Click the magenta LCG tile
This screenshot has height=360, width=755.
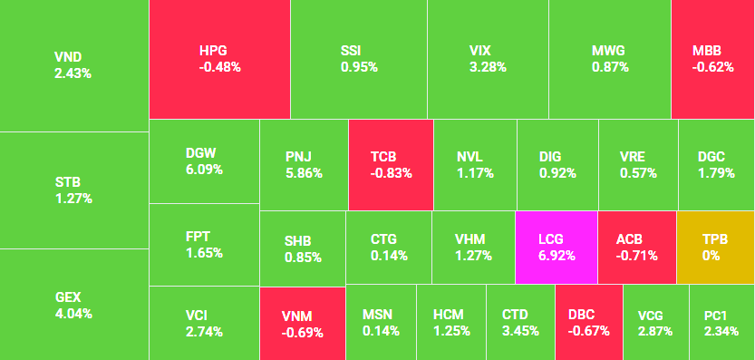click(x=556, y=248)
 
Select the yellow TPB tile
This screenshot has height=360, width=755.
click(x=714, y=248)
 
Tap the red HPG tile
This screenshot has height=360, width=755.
click(x=219, y=59)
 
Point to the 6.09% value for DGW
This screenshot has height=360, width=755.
click(x=204, y=170)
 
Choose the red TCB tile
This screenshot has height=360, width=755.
click(x=390, y=165)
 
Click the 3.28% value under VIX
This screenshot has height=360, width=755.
click(x=488, y=67)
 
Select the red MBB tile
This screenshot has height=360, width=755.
click(x=712, y=59)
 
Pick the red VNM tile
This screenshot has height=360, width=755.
click(x=302, y=324)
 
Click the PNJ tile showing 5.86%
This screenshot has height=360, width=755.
click(x=303, y=165)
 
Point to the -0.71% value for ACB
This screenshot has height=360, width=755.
click(x=637, y=256)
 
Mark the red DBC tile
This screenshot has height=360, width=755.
click(x=588, y=323)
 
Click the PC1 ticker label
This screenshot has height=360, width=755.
click(x=716, y=315)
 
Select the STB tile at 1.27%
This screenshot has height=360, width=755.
click(x=73, y=190)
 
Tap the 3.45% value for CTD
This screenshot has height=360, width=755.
click(x=520, y=331)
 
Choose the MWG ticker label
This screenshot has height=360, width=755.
click(x=608, y=51)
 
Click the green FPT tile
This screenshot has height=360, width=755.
click(x=204, y=245)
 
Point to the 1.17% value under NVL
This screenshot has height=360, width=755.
click(x=475, y=173)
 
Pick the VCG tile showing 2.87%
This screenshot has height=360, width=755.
click(x=655, y=323)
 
